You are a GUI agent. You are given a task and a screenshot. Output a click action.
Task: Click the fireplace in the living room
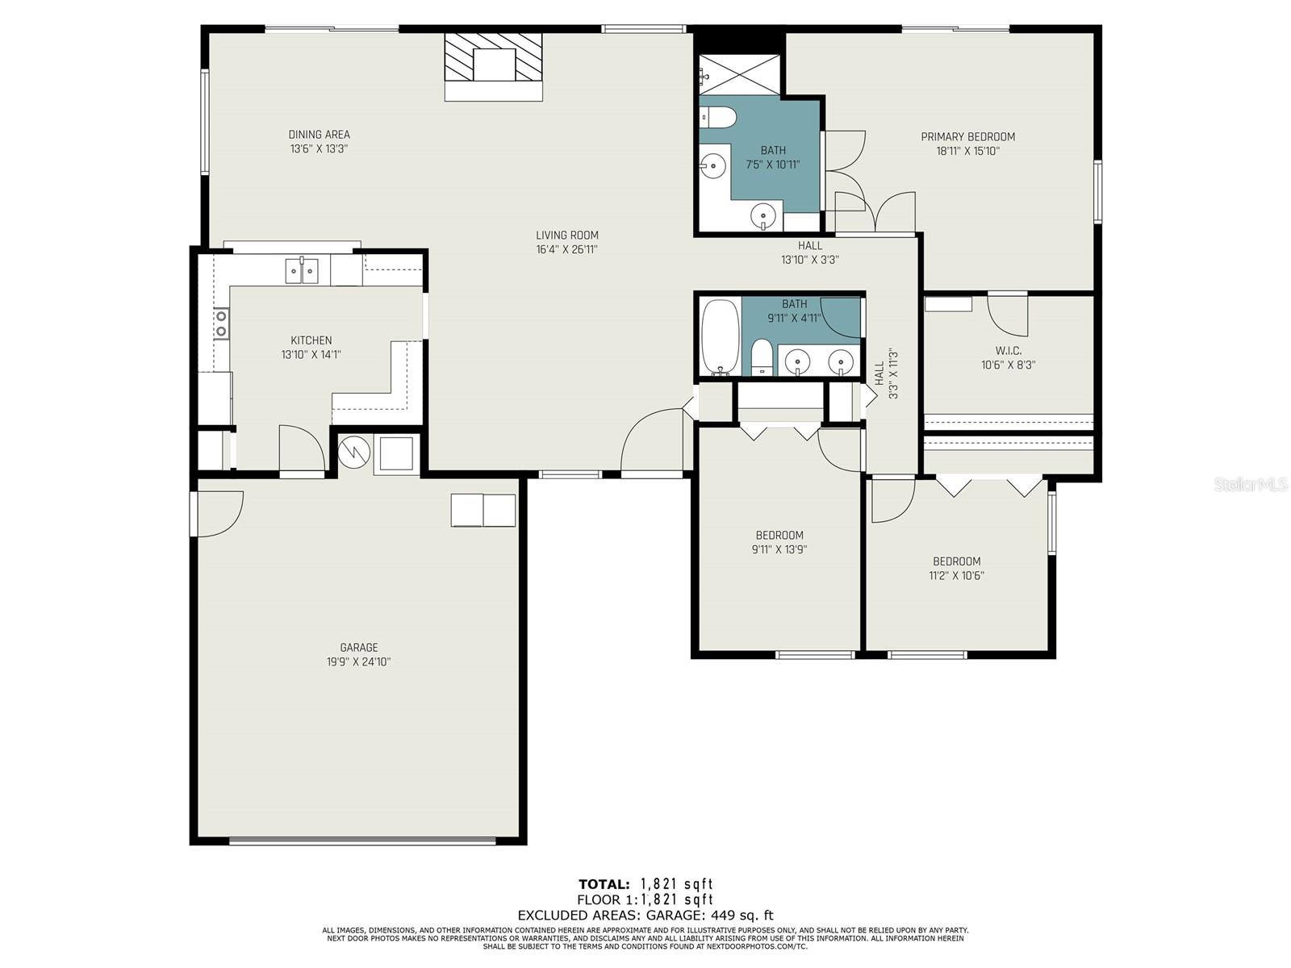tap(493, 67)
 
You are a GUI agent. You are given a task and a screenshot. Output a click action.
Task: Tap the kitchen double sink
tap(302, 271)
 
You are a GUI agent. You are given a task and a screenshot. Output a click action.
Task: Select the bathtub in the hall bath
tap(721, 336)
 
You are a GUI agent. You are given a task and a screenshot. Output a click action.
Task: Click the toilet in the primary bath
tap(718, 118)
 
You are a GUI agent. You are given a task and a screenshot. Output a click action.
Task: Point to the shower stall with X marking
tap(739, 75)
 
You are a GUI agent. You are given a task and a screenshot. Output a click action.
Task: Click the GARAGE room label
tap(359, 647)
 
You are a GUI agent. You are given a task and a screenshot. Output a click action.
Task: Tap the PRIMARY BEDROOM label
tap(967, 137)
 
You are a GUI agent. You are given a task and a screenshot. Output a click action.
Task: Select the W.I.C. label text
tap(1008, 351)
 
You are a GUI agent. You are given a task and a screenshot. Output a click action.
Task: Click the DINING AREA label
tap(319, 135)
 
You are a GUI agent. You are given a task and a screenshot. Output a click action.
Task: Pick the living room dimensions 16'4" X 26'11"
tap(566, 250)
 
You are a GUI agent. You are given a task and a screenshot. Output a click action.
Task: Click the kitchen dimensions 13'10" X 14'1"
tap(311, 354)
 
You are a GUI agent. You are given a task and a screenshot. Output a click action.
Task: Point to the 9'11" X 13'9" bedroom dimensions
tap(779, 549)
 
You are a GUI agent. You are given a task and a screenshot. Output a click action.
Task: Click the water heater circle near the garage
tap(354, 452)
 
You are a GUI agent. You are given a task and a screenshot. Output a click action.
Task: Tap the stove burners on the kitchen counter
tap(221, 323)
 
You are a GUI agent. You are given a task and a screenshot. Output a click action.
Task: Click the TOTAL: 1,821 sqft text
tap(645, 884)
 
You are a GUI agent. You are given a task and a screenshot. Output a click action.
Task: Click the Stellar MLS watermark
tap(1251, 484)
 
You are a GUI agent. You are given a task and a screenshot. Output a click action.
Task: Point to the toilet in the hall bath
tap(762, 357)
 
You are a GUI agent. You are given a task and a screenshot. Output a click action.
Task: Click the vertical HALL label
tap(879, 373)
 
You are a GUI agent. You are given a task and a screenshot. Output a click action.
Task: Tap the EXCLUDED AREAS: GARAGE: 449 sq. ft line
tap(645, 915)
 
